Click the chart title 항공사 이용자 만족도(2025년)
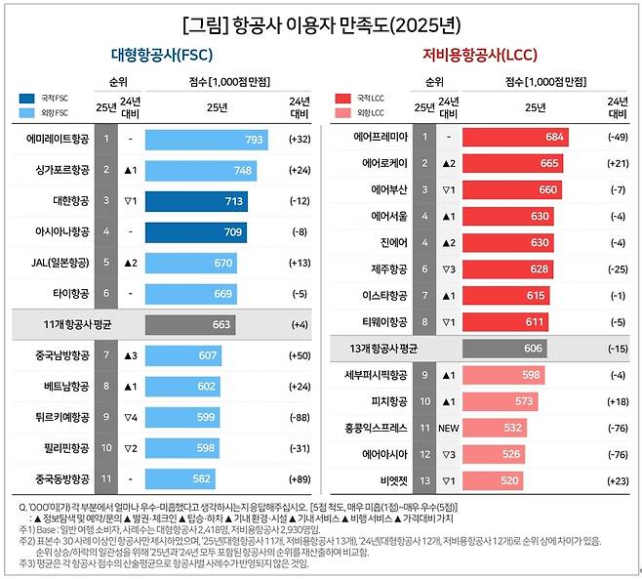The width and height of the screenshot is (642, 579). pyautogui.click(x=321, y=21)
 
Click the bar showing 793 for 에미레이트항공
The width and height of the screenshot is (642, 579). pyautogui.click(x=206, y=140)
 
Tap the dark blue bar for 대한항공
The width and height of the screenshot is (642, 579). pyautogui.click(x=196, y=202)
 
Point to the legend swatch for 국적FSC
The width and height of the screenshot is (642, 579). pyautogui.click(x=26, y=99)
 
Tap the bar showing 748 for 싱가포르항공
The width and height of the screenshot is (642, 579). pyautogui.click(x=201, y=171)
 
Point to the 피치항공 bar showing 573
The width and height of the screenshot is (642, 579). pyautogui.click(x=499, y=400)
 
